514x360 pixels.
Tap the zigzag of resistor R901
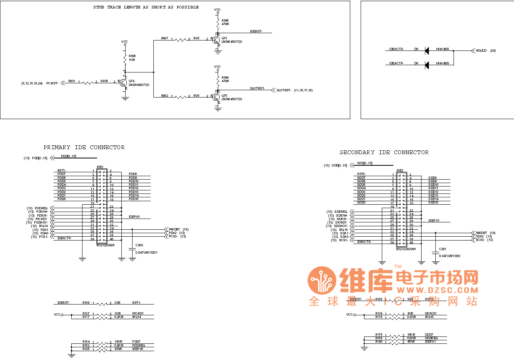pos(88,82)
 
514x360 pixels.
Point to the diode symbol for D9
pos(427,50)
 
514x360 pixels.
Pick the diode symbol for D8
pos(427,65)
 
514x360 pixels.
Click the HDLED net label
pos(481,50)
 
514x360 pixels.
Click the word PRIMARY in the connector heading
pos(57,147)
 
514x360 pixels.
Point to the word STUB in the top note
pos(99,7)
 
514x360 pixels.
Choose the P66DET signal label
pos(175,229)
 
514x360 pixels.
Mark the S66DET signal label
pos(481,233)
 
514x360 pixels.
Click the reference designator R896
pos(225,20)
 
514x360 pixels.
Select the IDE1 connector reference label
pos(100,167)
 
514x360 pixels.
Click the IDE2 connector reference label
pos(400,170)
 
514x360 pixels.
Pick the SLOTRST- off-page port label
pos(284,90)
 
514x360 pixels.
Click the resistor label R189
pos(86,303)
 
